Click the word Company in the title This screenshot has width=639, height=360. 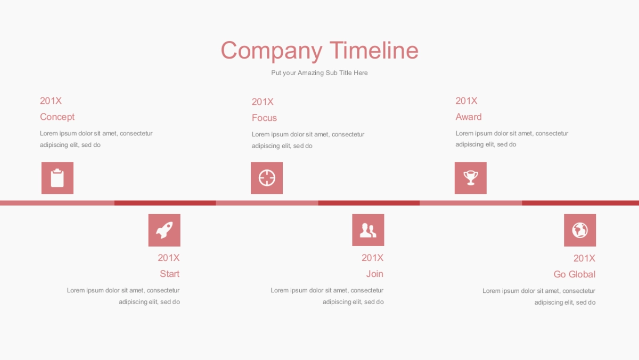272,51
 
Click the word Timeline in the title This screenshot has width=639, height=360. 374,50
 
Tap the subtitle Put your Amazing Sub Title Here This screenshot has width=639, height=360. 319,73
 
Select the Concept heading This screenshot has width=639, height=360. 57,117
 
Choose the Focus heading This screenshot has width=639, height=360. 264,118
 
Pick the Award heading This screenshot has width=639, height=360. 469,117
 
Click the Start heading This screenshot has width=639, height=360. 169,274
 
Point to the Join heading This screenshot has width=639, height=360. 374,274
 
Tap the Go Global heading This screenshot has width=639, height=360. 574,274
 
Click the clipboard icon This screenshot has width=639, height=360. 58,178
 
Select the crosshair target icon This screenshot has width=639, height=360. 267,178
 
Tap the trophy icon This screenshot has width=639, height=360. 471,178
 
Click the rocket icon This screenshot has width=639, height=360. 165,230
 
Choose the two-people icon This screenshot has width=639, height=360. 368,230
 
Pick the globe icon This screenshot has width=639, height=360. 580,230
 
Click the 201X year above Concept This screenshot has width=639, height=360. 51,101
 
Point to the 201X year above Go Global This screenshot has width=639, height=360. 584,258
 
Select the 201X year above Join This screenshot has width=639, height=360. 373,258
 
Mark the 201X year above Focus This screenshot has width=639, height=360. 263,102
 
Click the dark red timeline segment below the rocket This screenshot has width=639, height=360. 165,203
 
